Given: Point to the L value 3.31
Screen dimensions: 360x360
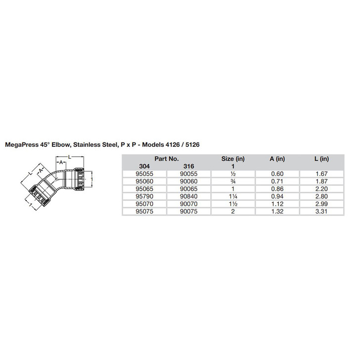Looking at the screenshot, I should (321, 212).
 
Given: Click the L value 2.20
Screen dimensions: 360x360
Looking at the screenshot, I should (321, 189).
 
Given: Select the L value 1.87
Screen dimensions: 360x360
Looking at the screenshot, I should (321, 181).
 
